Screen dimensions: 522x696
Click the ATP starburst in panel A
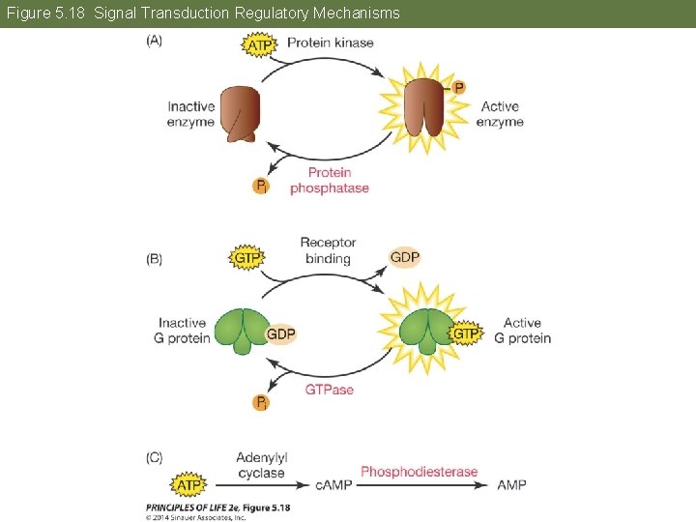(x=259, y=44)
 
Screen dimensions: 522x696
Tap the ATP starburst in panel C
(x=188, y=484)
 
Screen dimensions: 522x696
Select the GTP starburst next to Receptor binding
(x=248, y=258)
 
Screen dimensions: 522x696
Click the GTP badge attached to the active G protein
(x=466, y=333)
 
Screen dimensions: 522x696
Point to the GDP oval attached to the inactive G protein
(x=280, y=333)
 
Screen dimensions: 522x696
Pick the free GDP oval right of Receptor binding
(x=405, y=257)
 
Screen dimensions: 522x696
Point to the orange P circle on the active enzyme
(x=458, y=87)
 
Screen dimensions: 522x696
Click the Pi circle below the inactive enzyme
(x=260, y=186)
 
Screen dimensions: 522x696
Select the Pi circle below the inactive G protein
(x=260, y=402)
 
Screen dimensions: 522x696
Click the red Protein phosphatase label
(x=330, y=181)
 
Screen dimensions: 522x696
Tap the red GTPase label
(x=330, y=390)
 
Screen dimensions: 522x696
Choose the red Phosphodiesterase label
(x=419, y=472)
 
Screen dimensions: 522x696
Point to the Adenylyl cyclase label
(x=261, y=465)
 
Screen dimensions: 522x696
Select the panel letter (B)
(x=155, y=259)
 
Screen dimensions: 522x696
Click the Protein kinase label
(x=330, y=43)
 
